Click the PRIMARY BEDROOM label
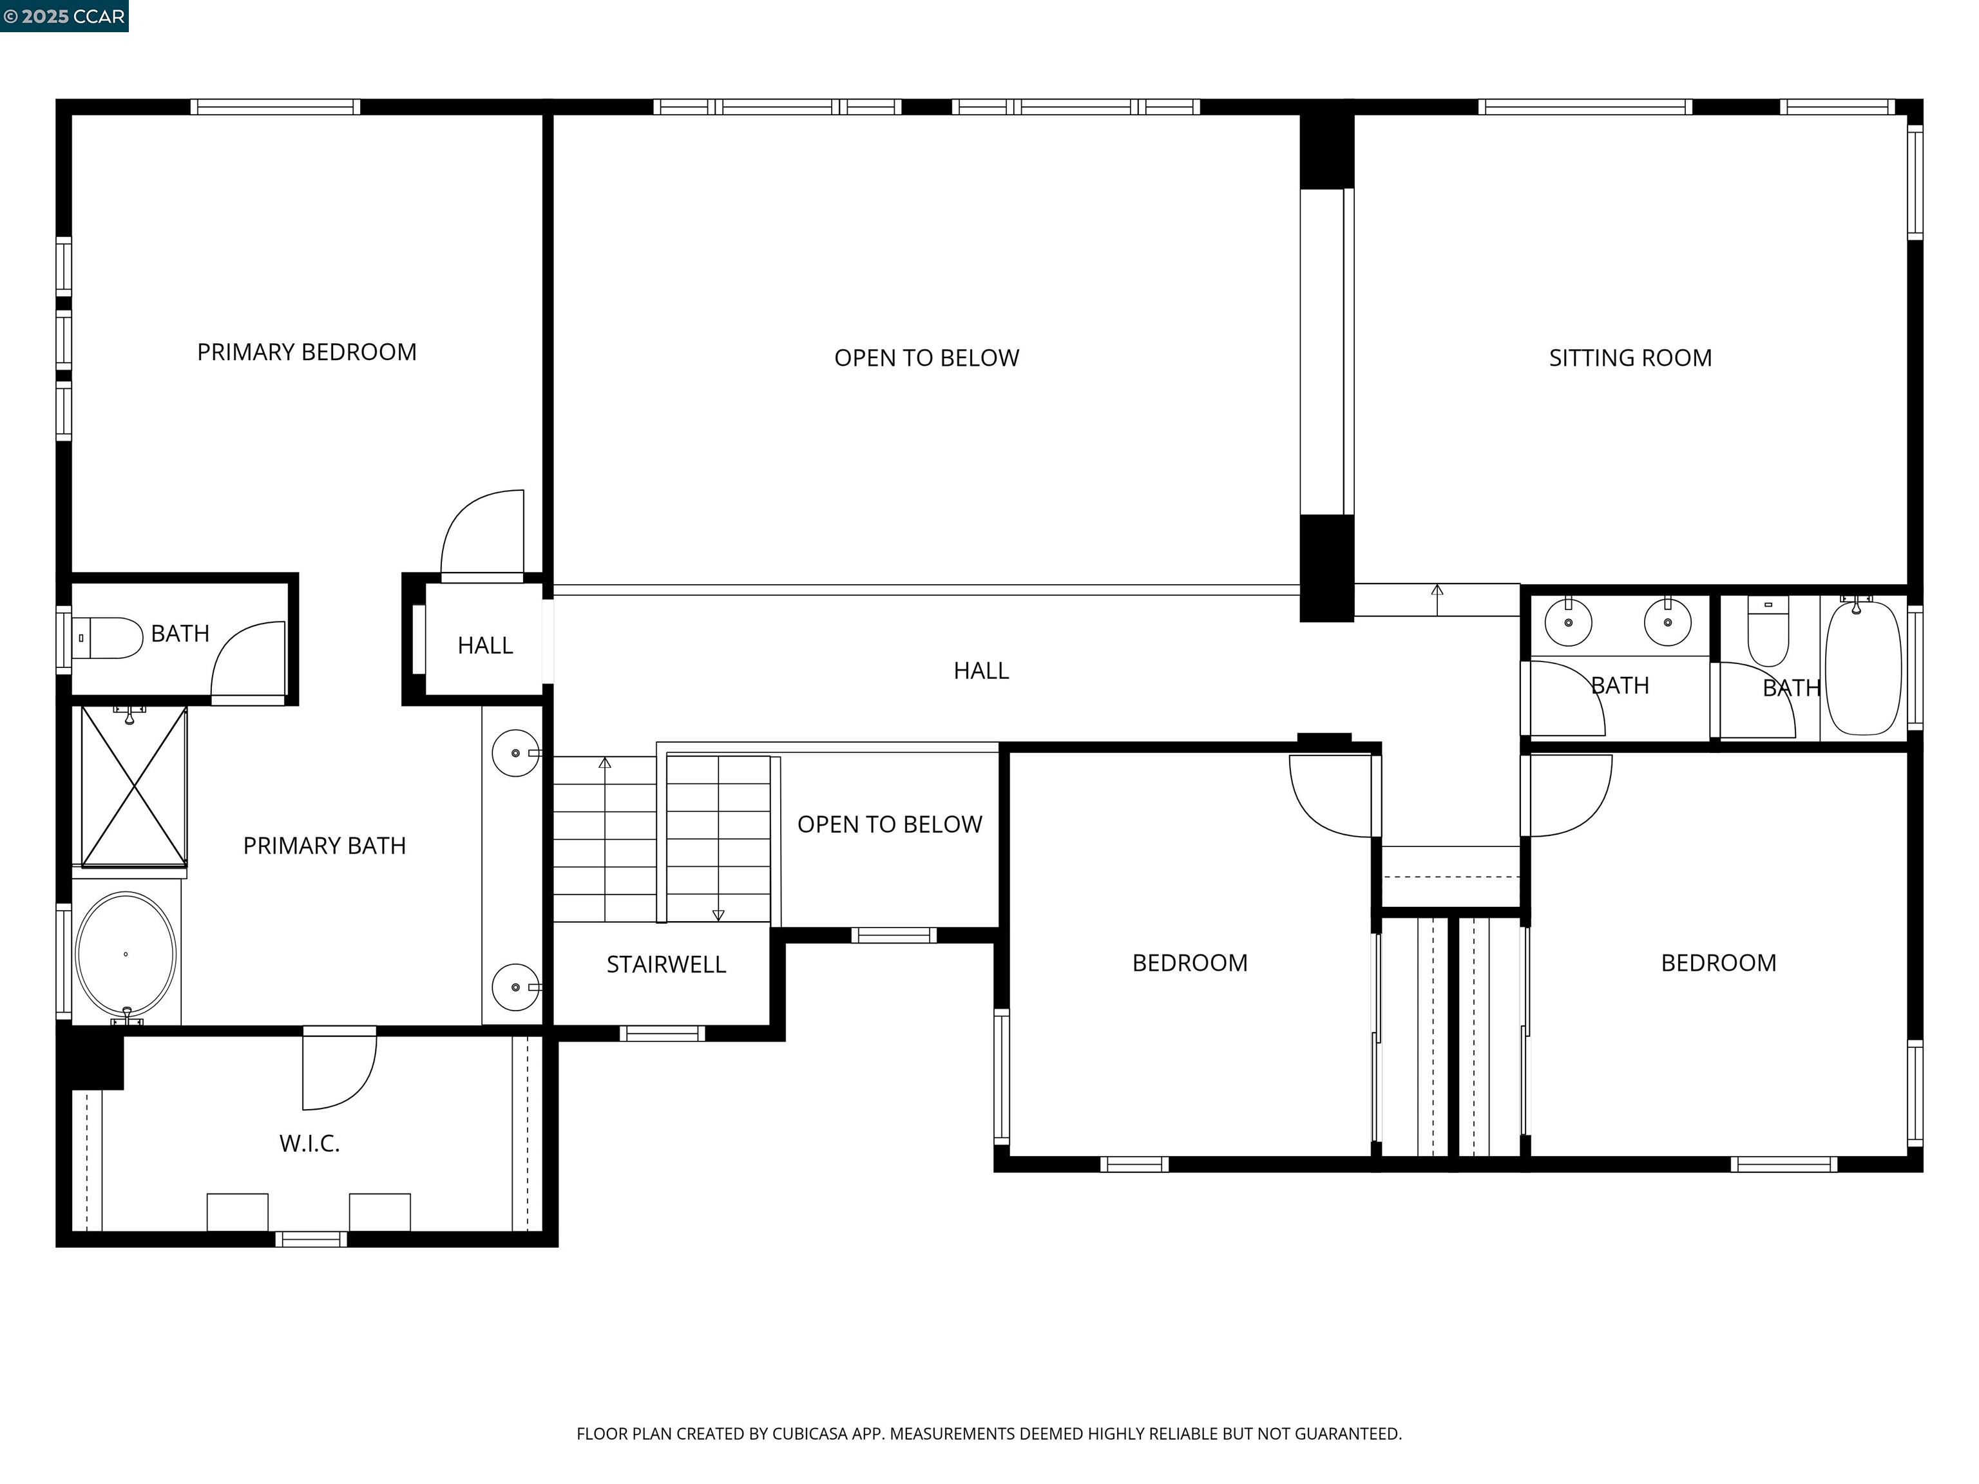coord(307,352)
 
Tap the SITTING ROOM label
coord(1630,358)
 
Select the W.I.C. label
coord(310,1143)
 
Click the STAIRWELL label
coord(665,964)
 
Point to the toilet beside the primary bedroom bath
coord(108,638)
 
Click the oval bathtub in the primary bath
coord(126,955)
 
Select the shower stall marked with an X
coord(134,787)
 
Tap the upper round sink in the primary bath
coord(515,753)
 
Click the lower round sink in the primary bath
coord(515,987)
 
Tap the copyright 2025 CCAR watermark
coord(64,16)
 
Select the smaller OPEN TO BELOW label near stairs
coord(889,824)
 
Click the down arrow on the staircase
coord(718,914)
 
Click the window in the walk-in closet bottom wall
coord(311,1239)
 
